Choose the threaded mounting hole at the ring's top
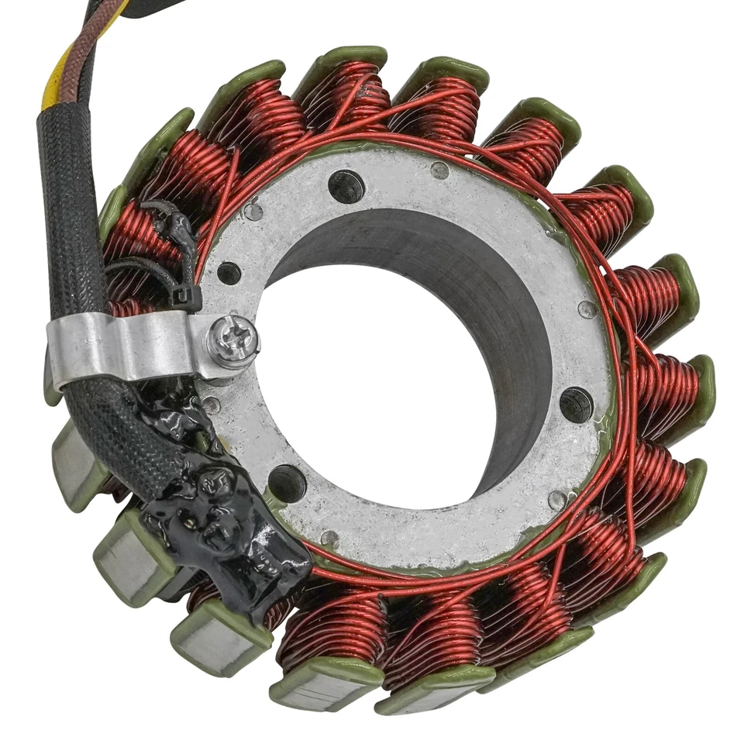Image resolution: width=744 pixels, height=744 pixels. click(345, 185)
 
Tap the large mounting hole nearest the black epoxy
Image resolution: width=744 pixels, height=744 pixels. click(288, 483)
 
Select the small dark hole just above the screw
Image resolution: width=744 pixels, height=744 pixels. click(229, 273)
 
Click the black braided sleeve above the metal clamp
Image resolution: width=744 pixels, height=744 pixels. click(70, 209)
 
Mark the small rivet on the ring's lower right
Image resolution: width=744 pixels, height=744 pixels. click(556, 500)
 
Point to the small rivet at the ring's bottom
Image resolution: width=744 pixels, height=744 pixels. click(329, 538)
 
